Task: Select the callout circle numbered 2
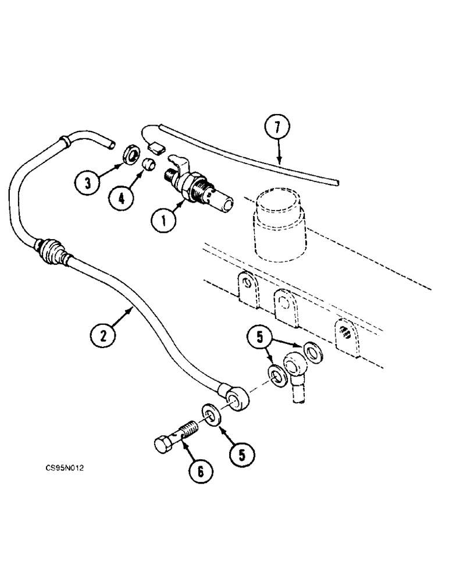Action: click(105, 335)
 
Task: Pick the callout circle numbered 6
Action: click(200, 471)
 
